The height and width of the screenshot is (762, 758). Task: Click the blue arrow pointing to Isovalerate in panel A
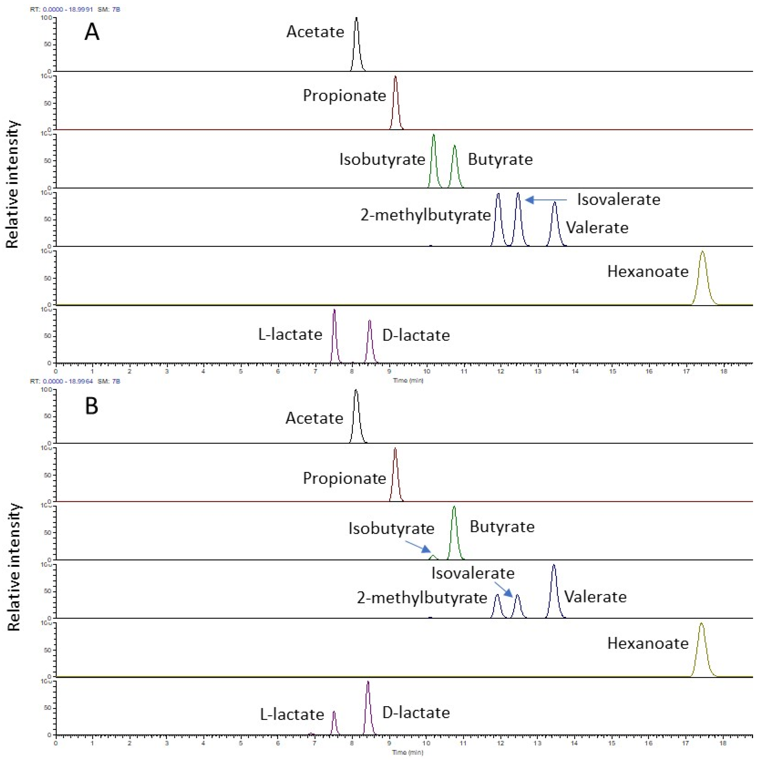pyautogui.click(x=546, y=200)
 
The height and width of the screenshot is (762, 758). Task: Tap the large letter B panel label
pyautogui.click(x=92, y=406)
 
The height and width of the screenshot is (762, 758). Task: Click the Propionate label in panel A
pyautogui.click(x=344, y=96)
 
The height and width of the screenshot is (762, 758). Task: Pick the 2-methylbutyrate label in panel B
pyautogui.click(x=422, y=598)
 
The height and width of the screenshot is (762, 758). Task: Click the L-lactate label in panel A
pyautogui.click(x=290, y=335)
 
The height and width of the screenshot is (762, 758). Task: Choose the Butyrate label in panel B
pyautogui.click(x=502, y=527)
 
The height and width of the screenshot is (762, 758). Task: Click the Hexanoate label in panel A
pyautogui.click(x=648, y=271)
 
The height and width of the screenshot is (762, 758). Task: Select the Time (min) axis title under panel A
pyautogui.click(x=408, y=380)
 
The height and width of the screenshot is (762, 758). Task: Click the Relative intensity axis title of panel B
pyautogui.click(x=14, y=567)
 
